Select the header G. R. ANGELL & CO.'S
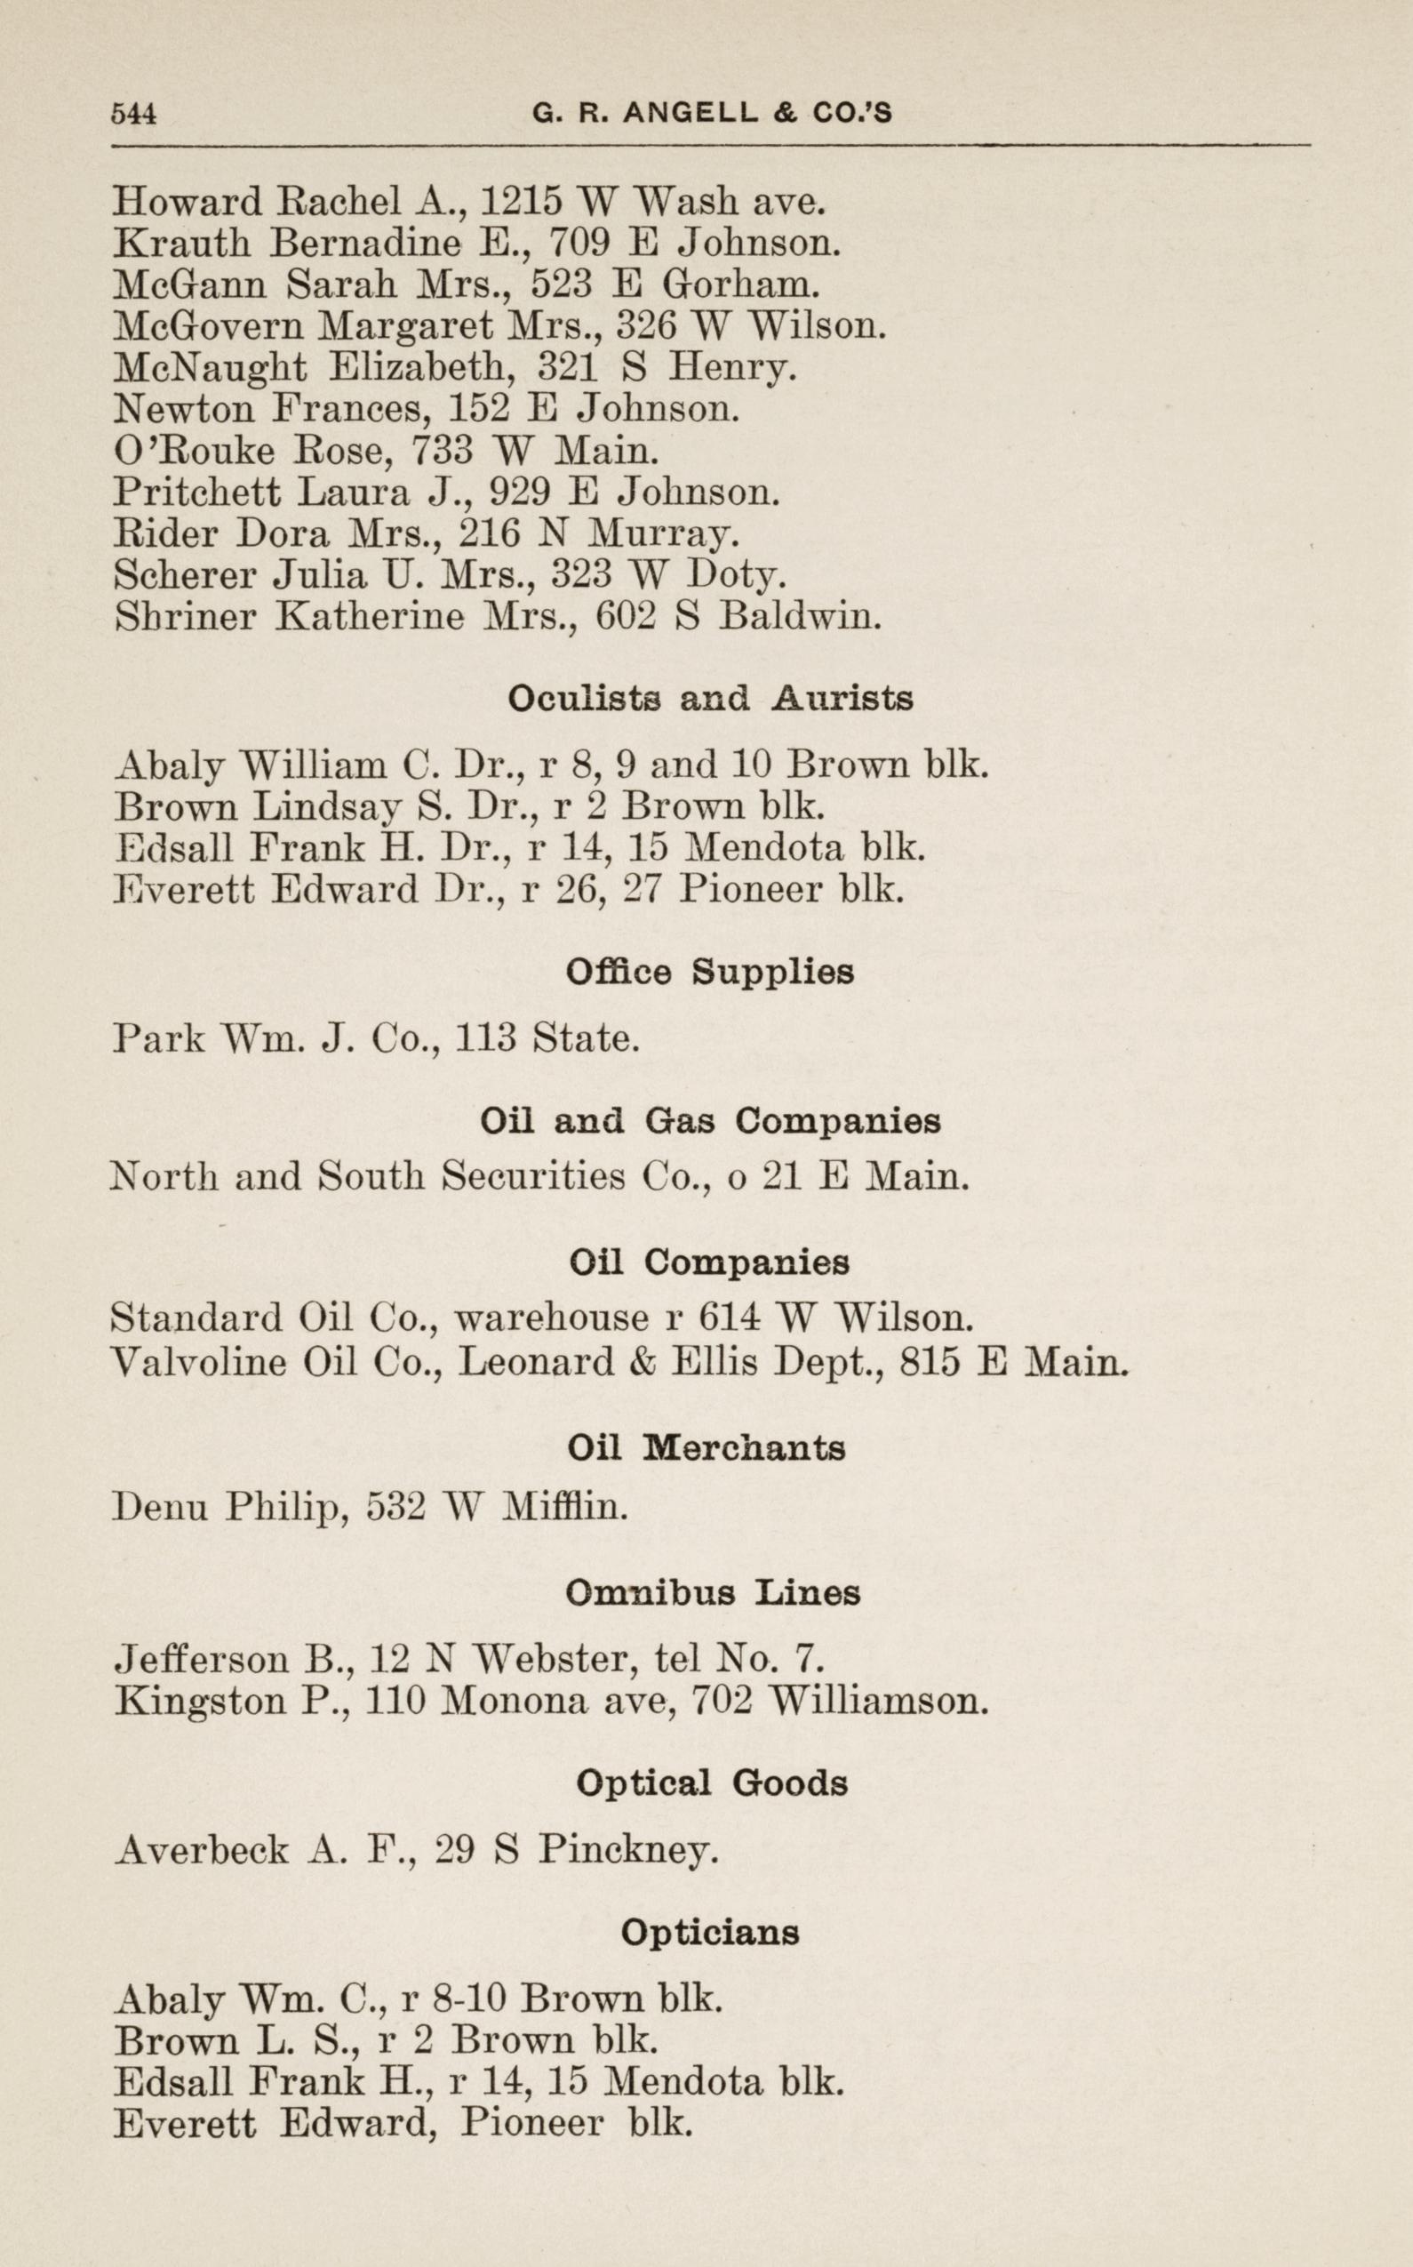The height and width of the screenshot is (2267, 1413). click(x=712, y=114)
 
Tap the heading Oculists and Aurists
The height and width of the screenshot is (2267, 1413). click(x=709, y=699)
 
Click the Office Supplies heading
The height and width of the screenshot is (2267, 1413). click(x=709, y=973)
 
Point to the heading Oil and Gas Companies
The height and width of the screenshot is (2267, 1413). click(x=709, y=1121)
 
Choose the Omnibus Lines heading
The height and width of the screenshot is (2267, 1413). click(x=712, y=1592)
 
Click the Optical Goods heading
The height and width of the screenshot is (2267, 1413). click(x=711, y=1782)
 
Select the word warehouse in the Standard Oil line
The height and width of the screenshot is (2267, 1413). click(x=551, y=1319)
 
